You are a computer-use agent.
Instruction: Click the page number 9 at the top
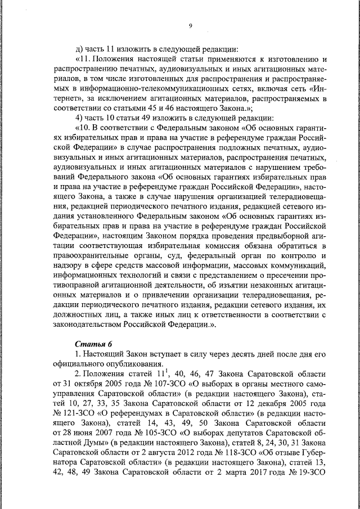(x=191, y=26)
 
